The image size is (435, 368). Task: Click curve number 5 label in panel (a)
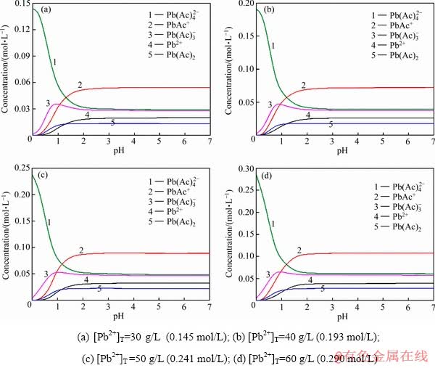tap(112, 123)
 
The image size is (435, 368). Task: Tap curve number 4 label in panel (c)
tap(86, 279)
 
